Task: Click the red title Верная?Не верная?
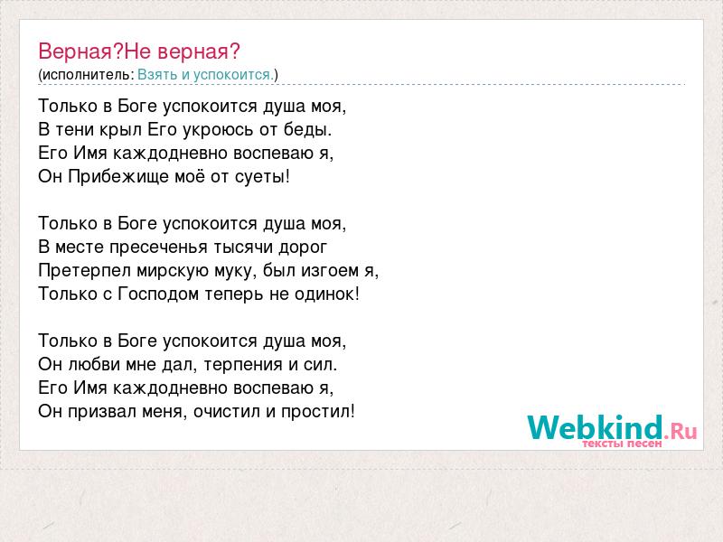pos(139,51)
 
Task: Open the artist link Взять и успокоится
pos(206,75)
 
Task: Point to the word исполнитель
pos(88,75)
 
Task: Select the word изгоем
pos(330,270)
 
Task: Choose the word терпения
pos(243,365)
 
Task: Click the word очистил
pos(227,412)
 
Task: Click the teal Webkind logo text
pos(596,426)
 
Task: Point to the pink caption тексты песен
pos(622,444)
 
